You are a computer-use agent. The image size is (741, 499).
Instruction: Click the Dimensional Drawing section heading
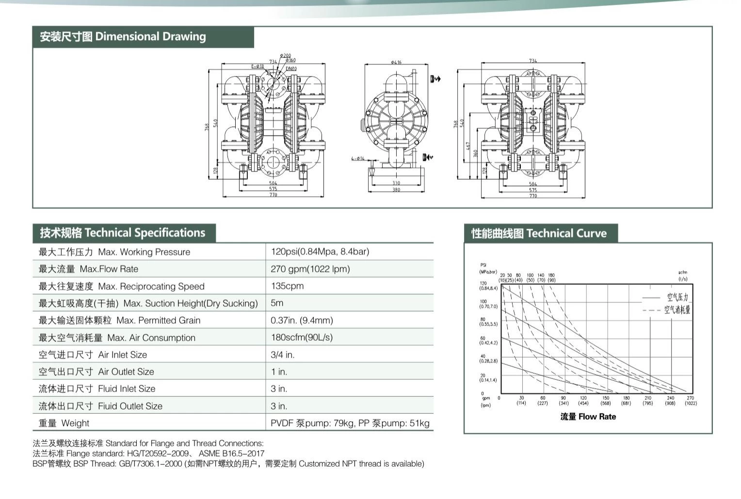[x=123, y=37]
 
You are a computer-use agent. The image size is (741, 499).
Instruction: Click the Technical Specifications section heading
[x=123, y=233]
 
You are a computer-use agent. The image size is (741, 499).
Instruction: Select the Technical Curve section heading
[x=539, y=234]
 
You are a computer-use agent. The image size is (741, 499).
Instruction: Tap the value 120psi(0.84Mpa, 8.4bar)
[x=320, y=251]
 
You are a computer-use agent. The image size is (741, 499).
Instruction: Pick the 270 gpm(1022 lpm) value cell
[x=310, y=269]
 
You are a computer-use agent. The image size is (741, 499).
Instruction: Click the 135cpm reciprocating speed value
[x=288, y=286]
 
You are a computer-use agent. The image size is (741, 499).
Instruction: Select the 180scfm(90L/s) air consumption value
[x=302, y=337]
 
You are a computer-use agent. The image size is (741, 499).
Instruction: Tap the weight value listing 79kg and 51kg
[x=350, y=423]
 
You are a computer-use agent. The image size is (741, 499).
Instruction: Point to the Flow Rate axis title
[x=588, y=417]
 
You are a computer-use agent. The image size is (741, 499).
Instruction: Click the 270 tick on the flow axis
[x=691, y=398]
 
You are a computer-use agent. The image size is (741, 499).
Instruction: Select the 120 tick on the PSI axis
[x=483, y=283]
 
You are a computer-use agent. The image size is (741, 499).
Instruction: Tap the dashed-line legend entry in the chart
[x=677, y=310]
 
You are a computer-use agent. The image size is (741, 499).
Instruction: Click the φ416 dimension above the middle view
[x=396, y=62]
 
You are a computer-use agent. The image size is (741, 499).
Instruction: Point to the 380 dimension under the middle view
[x=396, y=189]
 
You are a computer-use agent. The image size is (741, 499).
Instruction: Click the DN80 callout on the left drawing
[x=291, y=69]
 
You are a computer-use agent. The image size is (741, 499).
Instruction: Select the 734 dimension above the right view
[x=533, y=61]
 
